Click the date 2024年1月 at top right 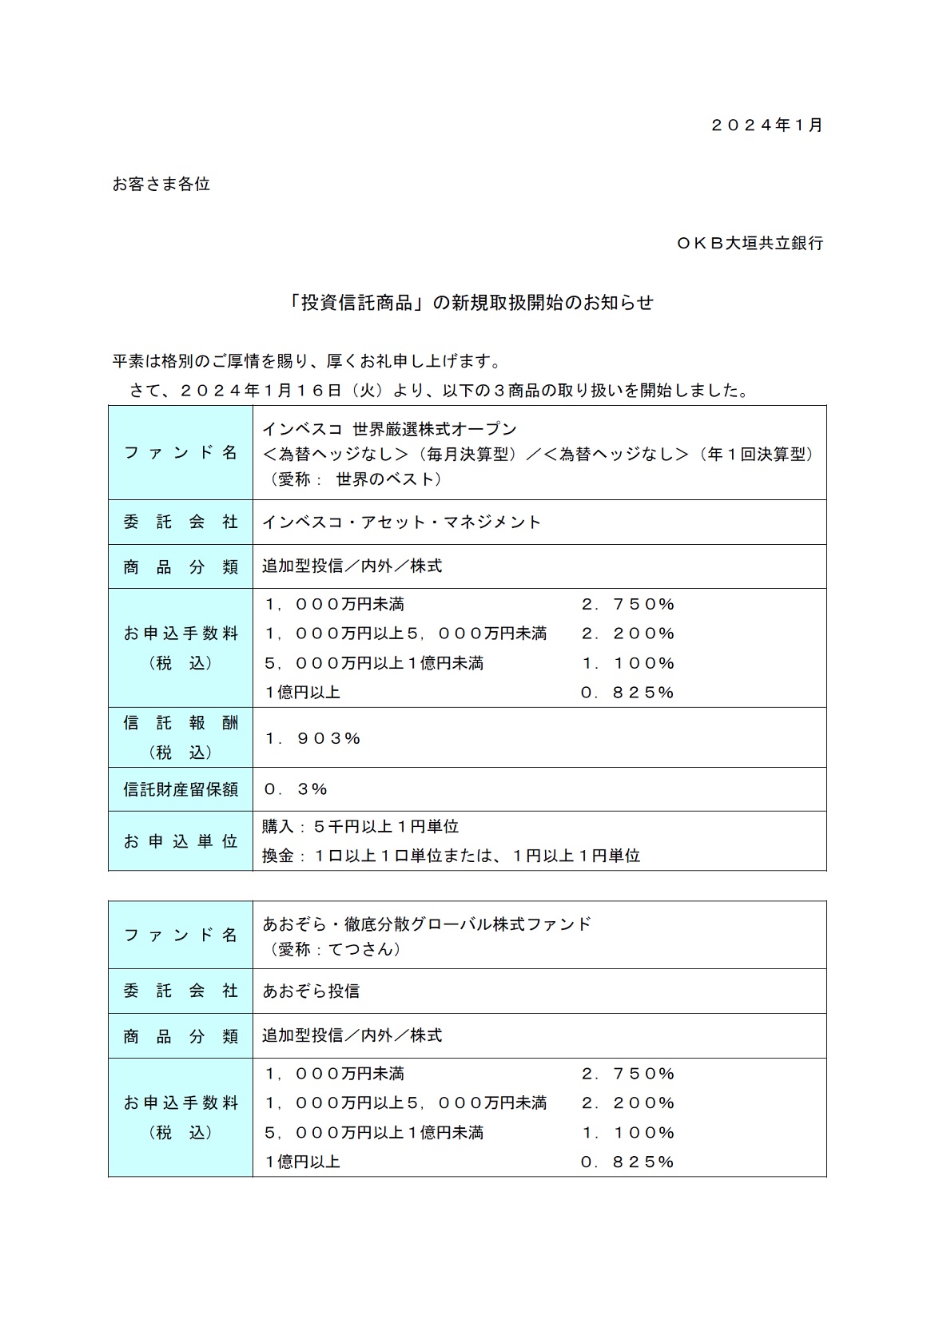pyautogui.click(x=766, y=125)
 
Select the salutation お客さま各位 pyautogui.click(x=161, y=184)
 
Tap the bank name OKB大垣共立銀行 pyautogui.click(x=750, y=243)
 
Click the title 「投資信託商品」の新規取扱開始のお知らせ pyautogui.click(x=471, y=303)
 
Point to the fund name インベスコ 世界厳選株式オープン pyautogui.click(x=390, y=429)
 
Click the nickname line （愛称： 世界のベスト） pyautogui.click(x=352, y=479)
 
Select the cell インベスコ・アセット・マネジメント pyautogui.click(x=402, y=522)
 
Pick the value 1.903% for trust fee pyautogui.click(x=312, y=738)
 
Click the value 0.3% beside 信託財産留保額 pyautogui.click(x=296, y=789)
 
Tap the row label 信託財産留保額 pyautogui.click(x=181, y=789)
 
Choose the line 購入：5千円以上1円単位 pyautogui.click(x=360, y=826)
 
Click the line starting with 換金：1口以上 pyautogui.click(x=452, y=856)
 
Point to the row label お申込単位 pyautogui.click(x=181, y=841)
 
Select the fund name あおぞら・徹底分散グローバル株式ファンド pyautogui.click(x=428, y=924)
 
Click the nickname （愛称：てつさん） pyautogui.click(x=332, y=949)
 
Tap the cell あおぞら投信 pyautogui.click(x=312, y=991)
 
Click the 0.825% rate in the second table pyautogui.click(x=628, y=1162)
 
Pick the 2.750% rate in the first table pyautogui.click(x=628, y=604)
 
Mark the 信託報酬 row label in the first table pyautogui.click(x=181, y=723)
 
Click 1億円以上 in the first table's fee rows pyautogui.click(x=302, y=693)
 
